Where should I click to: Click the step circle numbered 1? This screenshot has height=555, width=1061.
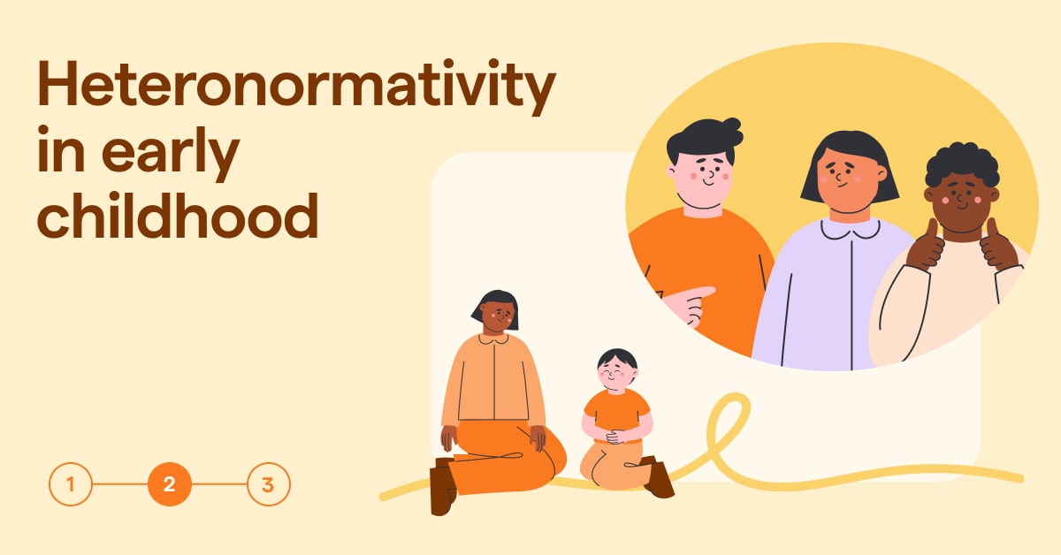[71, 484]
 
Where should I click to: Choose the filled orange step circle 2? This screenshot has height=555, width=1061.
[170, 484]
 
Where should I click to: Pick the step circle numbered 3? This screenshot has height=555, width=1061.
[268, 484]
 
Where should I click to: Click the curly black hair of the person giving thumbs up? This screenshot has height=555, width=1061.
[962, 164]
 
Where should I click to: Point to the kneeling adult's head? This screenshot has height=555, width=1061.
[495, 309]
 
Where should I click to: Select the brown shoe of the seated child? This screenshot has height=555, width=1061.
[658, 477]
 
